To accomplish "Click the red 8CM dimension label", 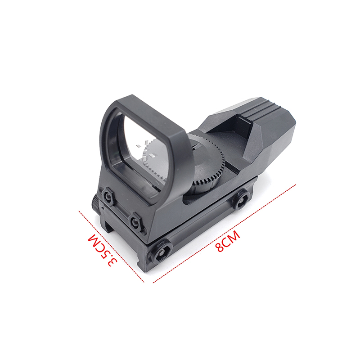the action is (x=228, y=241).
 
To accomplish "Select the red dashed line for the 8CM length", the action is (x=224, y=233).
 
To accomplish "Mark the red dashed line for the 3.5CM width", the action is (x=111, y=247).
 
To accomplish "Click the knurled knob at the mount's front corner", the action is (x=95, y=203).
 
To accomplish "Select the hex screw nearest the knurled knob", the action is (x=107, y=196).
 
